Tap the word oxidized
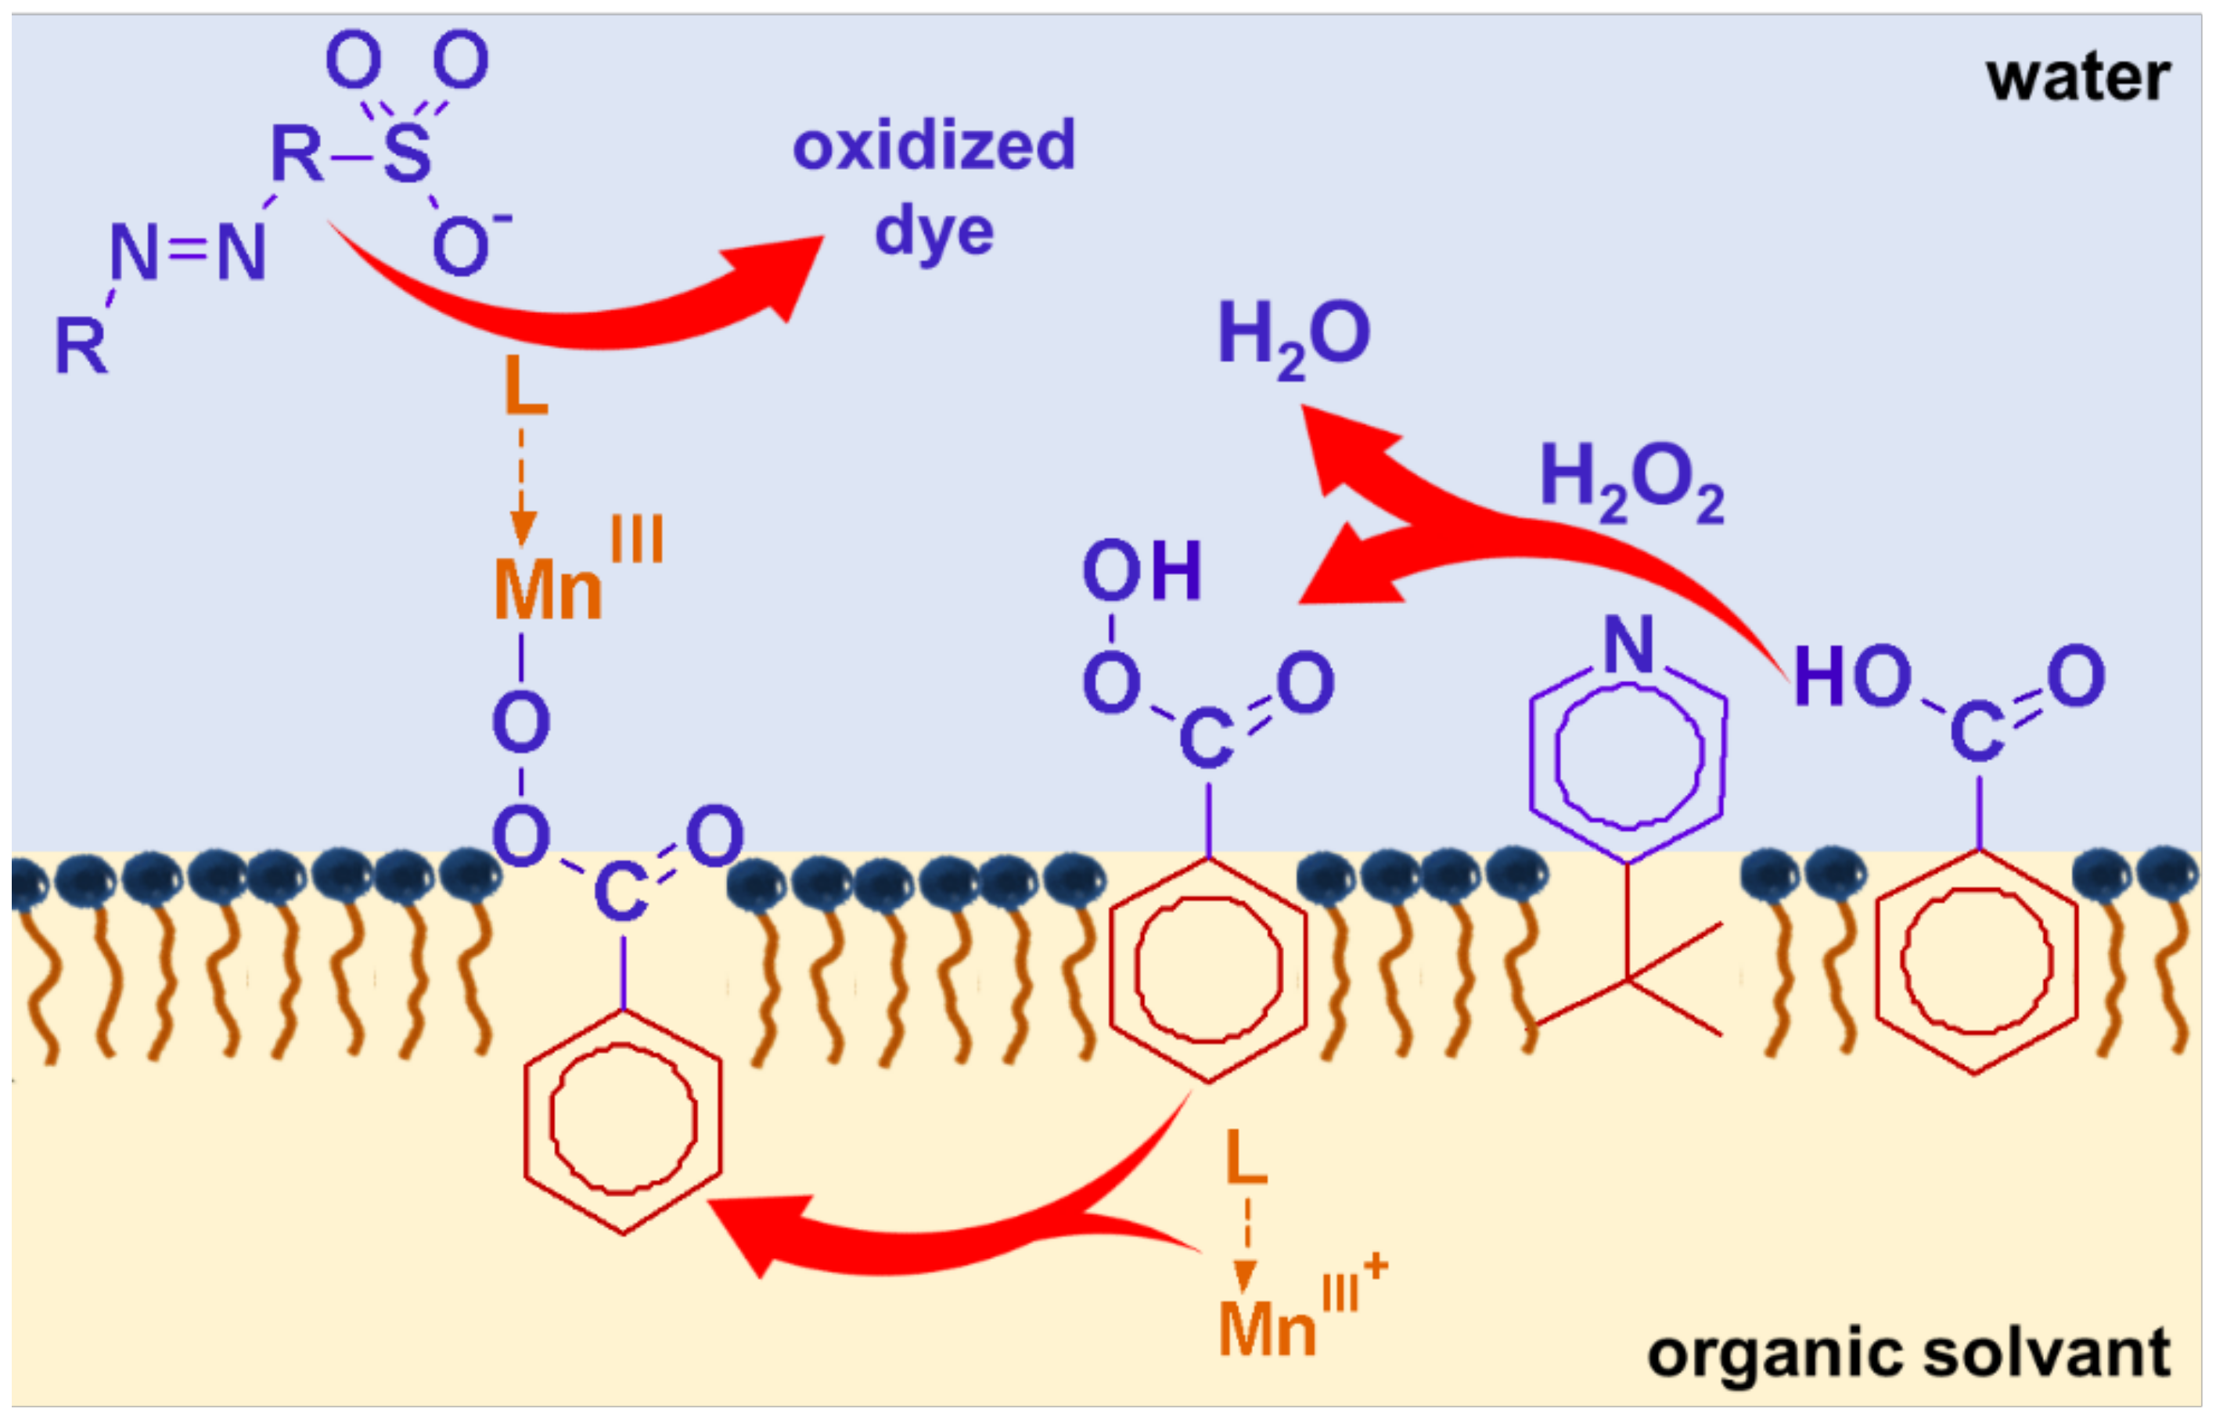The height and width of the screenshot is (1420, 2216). (x=934, y=146)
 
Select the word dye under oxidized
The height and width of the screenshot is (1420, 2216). (x=934, y=232)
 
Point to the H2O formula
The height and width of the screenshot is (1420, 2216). (x=1293, y=337)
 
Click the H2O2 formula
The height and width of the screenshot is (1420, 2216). (x=1631, y=481)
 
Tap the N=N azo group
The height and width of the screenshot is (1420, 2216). (x=188, y=252)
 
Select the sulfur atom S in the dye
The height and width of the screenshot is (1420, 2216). (x=407, y=154)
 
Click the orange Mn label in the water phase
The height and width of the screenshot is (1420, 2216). (x=548, y=590)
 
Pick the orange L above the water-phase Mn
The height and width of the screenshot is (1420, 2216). (x=526, y=387)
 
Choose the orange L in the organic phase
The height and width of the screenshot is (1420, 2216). (x=1246, y=1158)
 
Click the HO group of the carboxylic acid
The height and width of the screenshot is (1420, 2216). (x=1851, y=676)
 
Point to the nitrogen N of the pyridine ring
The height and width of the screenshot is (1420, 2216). (x=1628, y=645)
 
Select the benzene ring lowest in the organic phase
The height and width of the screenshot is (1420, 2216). (x=623, y=1120)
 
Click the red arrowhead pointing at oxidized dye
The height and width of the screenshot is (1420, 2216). (x=784, y=272)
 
